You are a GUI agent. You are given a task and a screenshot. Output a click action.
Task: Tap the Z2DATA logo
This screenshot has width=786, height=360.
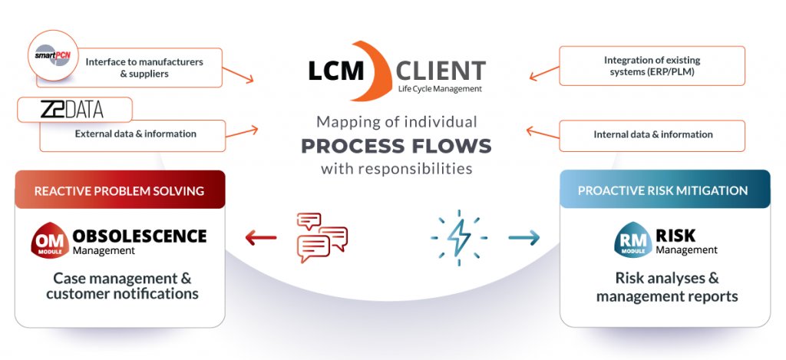[x=74, y=111]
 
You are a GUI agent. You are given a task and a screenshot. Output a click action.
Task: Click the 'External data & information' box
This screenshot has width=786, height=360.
[x=135, y=134]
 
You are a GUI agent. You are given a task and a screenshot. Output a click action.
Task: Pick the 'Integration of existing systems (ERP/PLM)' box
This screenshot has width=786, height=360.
[x=652, y=66]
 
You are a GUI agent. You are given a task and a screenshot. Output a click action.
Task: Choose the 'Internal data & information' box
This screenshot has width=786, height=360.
[x=652, y=135]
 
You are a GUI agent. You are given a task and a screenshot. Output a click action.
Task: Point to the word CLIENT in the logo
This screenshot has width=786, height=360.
[x=441, y=71]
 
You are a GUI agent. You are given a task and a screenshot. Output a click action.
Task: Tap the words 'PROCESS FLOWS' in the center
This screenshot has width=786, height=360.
[x=396, y=145]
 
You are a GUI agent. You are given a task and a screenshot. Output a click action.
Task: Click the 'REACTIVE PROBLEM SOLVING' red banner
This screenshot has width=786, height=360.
[x=120, y=190]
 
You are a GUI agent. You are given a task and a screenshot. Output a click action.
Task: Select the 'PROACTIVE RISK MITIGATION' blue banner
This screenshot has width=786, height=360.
[x=665, y=190]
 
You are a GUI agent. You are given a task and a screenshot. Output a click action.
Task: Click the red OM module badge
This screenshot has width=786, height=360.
[x=50, y=241]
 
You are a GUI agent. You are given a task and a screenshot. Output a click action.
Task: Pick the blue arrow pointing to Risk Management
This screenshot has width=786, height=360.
[x=524, y=238]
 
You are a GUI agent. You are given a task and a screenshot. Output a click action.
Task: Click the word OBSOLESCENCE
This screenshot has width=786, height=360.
[x=140, y=236]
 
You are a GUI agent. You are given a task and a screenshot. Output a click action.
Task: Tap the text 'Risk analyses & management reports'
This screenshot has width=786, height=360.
[x=666, y=287]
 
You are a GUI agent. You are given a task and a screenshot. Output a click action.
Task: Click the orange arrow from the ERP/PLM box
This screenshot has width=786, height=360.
[x=543, y=72]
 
